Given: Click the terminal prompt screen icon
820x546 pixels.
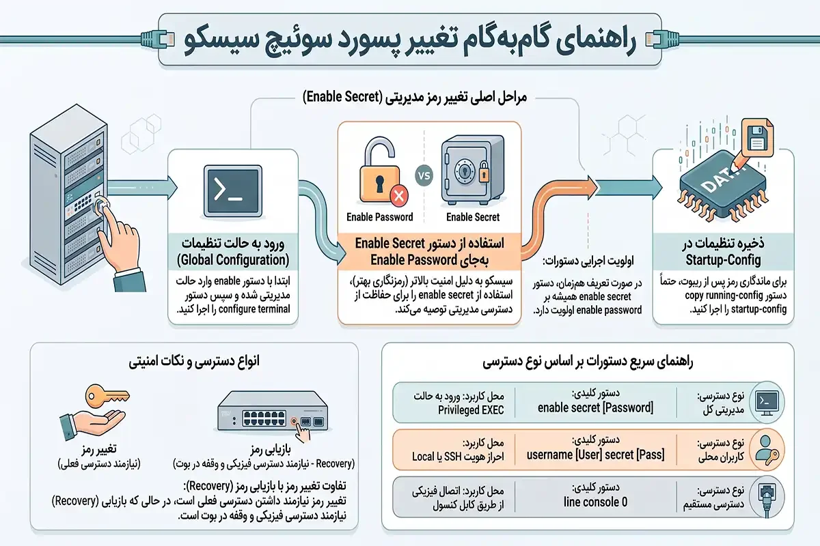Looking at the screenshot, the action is (233, 191).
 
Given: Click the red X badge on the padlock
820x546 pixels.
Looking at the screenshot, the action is (398, 196).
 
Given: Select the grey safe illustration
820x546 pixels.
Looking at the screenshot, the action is (472, 170).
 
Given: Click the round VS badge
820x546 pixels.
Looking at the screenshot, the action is (424, 175).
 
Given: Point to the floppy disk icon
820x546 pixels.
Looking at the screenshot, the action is (757, 138).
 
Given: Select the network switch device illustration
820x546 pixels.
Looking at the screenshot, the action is (273, 411).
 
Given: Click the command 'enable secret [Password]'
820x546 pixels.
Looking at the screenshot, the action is (595, 407).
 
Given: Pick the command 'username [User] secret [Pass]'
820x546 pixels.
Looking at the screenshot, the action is (595, 455).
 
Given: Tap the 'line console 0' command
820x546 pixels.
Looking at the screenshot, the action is (595, 502).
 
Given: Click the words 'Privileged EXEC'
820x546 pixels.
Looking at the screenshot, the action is (471, 410).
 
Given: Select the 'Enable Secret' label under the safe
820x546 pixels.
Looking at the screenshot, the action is (473, 217).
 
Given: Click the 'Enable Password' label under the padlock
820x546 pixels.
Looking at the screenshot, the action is (380, 217).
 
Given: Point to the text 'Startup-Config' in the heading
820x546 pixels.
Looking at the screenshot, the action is (723, 260).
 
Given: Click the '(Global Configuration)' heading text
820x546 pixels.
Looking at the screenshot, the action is (233, 260).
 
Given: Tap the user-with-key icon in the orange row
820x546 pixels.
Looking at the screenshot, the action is (767, 450).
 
